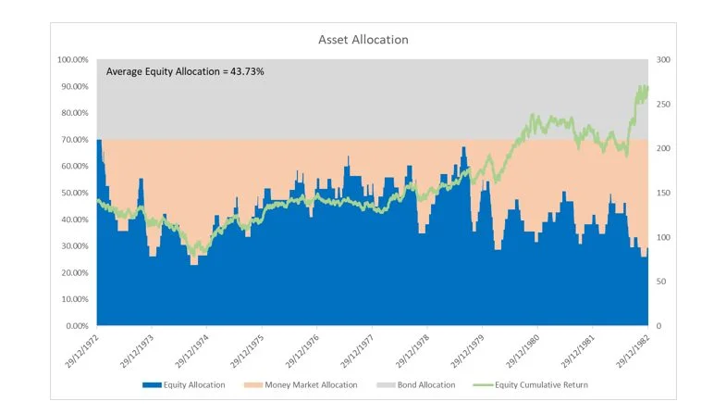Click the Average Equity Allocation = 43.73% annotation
coord(185,71)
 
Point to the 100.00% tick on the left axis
coord(73,60)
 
